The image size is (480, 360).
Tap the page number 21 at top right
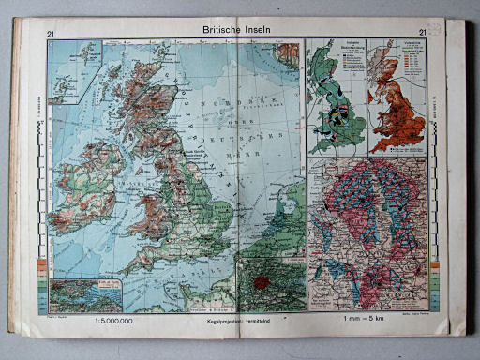click(x=424, y=34)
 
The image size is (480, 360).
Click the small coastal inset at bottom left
click(x=87, y=294)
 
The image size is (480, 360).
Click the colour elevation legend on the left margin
click(x=42, y=281)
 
